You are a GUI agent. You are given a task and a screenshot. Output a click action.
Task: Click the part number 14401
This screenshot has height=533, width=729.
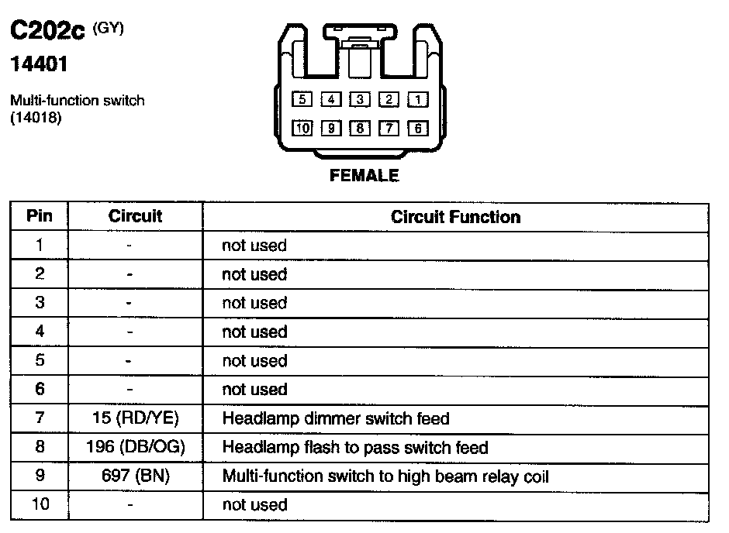(39, 65)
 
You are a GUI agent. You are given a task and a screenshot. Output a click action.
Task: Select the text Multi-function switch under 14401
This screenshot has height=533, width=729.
(77, 101)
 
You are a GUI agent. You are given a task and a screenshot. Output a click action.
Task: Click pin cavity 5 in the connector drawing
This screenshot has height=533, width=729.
(302, 99)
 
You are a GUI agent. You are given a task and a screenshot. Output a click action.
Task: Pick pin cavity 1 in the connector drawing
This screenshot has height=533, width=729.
(417, 99)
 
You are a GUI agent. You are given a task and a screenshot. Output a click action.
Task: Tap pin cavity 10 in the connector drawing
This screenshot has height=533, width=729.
(302, 129)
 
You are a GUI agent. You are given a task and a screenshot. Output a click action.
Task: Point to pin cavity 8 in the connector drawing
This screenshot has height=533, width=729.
(360, 129)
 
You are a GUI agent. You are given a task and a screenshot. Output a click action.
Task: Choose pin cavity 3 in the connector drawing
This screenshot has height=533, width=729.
(360, 99)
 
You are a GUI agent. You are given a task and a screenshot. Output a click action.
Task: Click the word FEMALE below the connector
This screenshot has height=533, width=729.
(364, 176)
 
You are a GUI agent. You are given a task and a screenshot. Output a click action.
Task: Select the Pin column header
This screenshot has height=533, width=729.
(40, 216)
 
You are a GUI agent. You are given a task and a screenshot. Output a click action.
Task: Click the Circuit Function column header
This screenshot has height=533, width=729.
(455, 217)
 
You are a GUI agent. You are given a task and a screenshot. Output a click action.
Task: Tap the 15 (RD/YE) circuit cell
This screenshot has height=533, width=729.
(135, 419)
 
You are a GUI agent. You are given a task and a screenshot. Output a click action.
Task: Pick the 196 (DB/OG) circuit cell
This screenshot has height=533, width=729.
(135, 448)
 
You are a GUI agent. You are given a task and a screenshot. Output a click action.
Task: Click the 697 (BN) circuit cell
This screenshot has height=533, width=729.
(135, 476)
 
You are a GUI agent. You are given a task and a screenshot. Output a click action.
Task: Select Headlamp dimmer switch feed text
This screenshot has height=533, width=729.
(335, 419)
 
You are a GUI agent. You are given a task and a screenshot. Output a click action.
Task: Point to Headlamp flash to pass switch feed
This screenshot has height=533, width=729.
(354, 448)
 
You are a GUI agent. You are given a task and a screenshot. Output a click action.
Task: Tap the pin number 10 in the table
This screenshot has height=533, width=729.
(40, 505)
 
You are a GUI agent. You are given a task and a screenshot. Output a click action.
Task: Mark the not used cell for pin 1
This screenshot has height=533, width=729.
(254, 246)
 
